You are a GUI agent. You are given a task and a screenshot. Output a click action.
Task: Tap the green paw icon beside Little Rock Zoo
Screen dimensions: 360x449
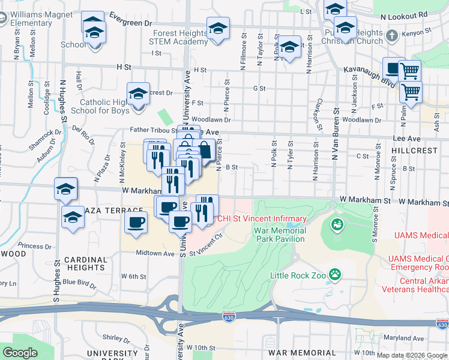[x=335, y=275]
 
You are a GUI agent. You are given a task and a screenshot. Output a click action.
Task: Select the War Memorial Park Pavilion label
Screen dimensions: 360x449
[x=279, y=235]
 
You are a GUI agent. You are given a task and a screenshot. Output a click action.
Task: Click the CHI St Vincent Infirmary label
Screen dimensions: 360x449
[x=262, y=218]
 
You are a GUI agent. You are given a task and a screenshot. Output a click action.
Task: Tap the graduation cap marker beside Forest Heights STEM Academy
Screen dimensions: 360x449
[x=218, y=29]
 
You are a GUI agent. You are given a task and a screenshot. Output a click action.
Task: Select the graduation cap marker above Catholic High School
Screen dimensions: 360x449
[x=138, y=95]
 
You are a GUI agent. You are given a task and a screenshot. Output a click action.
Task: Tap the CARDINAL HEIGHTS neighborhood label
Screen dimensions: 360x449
[x=85, y=264]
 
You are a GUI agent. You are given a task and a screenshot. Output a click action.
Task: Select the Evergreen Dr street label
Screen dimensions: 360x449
[x=130, y=22]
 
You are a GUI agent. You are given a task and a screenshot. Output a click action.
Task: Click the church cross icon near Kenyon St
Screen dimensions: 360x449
[x=391, y=35]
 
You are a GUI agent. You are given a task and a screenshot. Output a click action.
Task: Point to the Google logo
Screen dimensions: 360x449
[x=20, y=353]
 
